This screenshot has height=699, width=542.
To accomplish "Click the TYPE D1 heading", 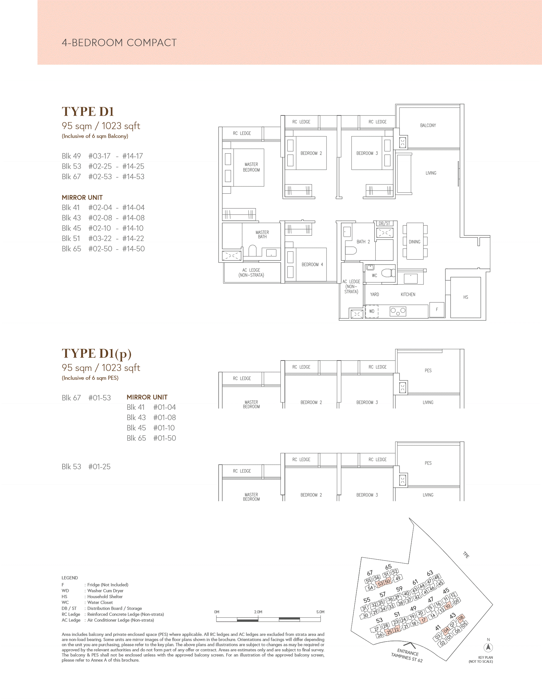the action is pos(88,111).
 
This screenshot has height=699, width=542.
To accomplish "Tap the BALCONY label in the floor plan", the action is pos(428,126).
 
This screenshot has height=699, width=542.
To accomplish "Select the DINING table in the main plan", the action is pos(415,241).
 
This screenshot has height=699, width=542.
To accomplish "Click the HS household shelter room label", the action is pos(465,297).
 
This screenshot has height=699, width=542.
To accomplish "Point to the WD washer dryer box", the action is pos(372,311).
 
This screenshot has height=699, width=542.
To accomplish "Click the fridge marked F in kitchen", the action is pos(437,309).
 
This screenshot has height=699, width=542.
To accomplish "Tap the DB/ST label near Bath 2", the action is pos(384,223).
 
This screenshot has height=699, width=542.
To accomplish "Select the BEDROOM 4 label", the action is pos(312,264).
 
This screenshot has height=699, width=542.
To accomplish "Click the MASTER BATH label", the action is pos(262,235).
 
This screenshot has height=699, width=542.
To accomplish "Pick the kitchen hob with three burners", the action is pos(398,311).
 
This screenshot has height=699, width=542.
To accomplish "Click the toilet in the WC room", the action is pos(388,273).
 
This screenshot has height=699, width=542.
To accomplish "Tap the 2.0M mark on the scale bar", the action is pos(258,612).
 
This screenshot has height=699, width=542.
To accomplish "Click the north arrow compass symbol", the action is pos(488,647).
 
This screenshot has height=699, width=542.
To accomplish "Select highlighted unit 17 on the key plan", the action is pos(424,620).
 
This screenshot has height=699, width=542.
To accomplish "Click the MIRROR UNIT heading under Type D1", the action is pos(82,197).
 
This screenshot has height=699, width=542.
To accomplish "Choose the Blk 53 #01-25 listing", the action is pos(86,467).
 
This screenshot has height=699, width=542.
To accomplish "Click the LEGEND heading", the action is pos(70,578).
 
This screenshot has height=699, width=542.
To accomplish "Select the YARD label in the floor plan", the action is pos(374,294).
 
